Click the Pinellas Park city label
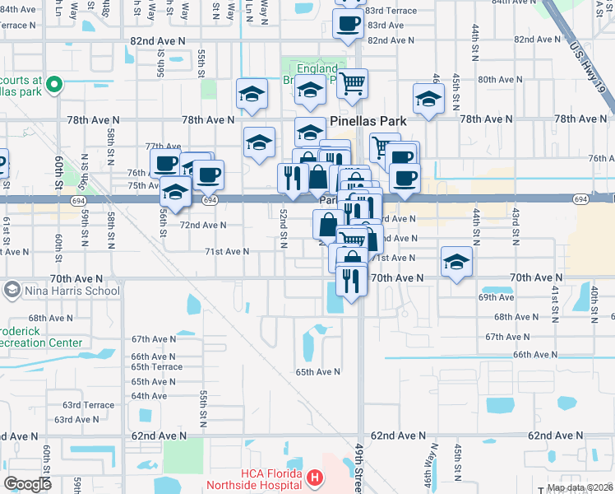[x=368, y=120]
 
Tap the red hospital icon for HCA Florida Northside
[x=313, y=478]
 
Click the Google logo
[x=27, y=484]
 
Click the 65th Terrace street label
[x=156, y=366]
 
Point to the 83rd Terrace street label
[x=390, y=10]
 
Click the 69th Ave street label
[x=496, y=296]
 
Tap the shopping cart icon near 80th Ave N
[x=352, y=82]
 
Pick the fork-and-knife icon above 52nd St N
[x=291, y=177]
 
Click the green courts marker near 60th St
[x=55, y=83]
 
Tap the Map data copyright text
[x=580, y=488]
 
